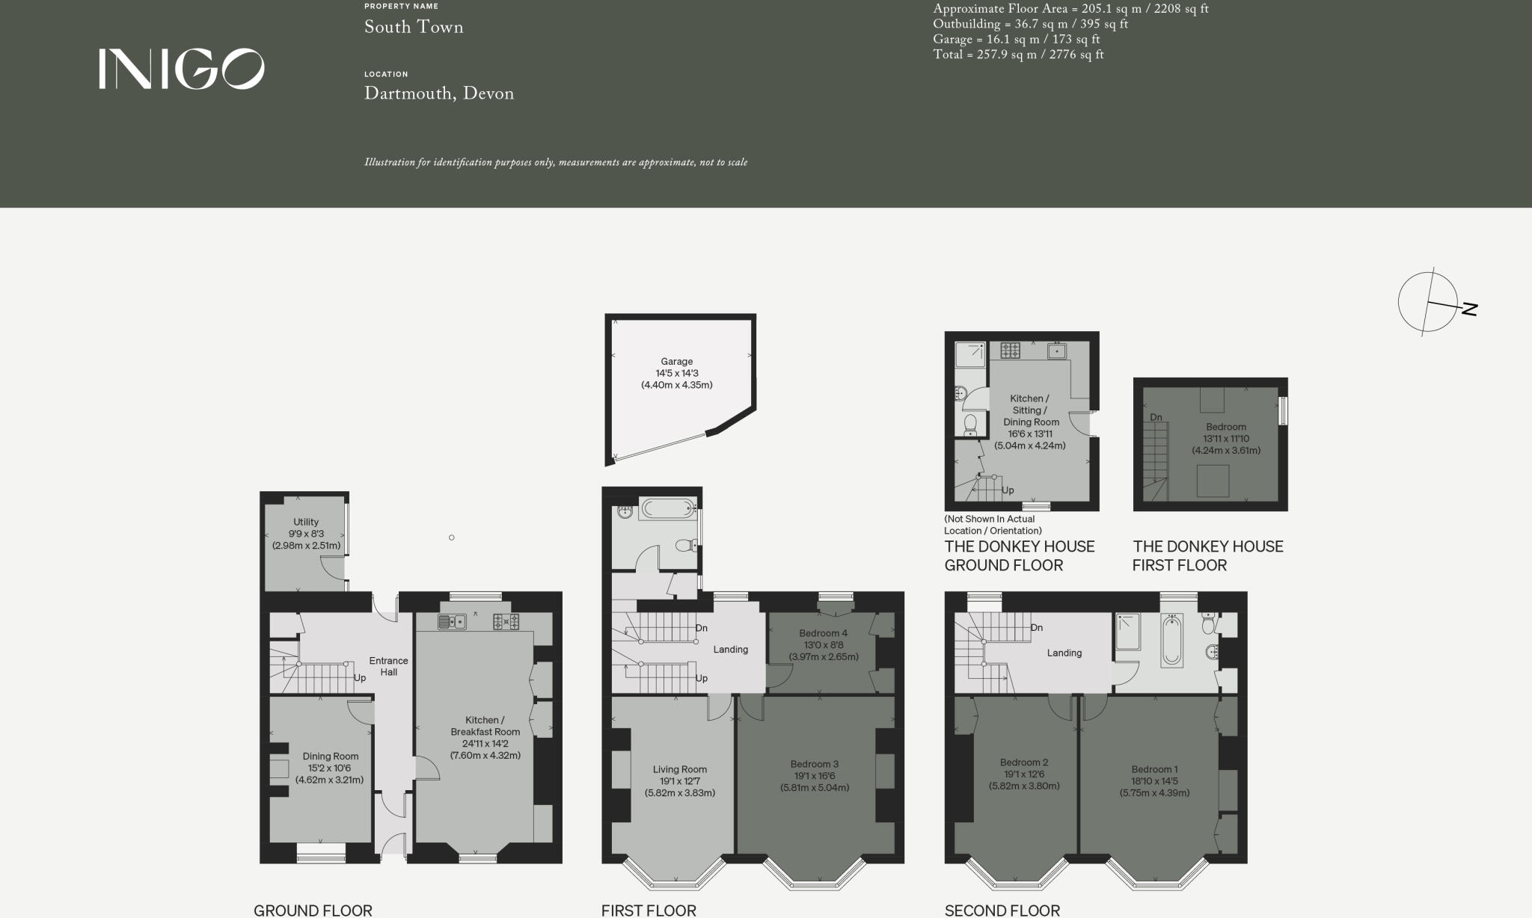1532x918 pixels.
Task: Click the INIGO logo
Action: [x=181, y=70]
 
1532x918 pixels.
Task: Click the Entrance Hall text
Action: [x=388, y=666]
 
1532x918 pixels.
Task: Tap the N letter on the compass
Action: [x=1469, y=308]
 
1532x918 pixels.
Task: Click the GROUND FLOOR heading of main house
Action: [x=313, y=910]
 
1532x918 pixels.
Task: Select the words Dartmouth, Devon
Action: [x=438, y=93]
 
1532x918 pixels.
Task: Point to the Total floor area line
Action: [x=1018, y=55]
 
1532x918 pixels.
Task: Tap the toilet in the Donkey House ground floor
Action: [x=970, y=425]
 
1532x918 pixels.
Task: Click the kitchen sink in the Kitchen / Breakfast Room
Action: [x=452, y=621]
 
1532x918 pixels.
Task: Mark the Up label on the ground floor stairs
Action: [x=360, y=678]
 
